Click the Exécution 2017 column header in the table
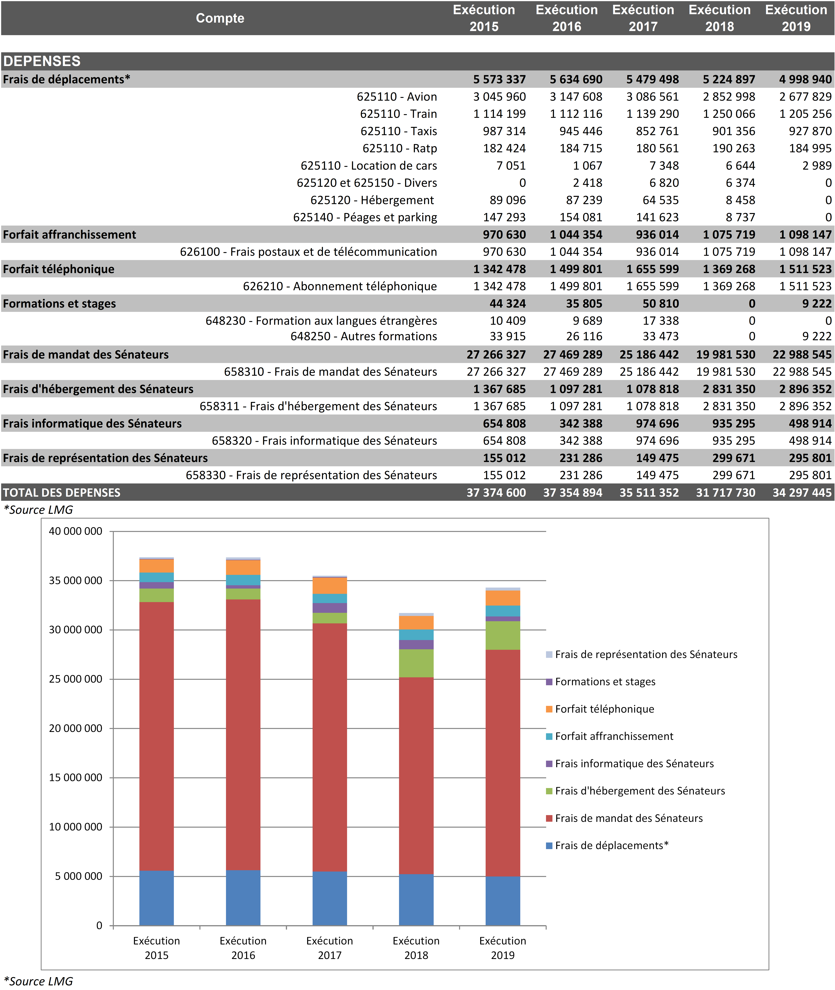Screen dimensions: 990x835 click(643, 18)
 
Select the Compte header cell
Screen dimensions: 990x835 click(220, 18)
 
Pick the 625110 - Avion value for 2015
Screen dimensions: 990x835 click(499, 97)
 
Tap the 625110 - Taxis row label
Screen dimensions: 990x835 click(399, 131)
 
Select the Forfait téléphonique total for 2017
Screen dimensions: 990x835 click(652, 269)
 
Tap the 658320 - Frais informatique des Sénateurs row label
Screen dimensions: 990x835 click(324, 441)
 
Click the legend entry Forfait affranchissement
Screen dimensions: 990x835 click(614, 736)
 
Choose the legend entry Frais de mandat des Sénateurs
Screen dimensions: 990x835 click(629, 818)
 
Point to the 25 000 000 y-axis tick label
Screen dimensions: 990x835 click(76, 679)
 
